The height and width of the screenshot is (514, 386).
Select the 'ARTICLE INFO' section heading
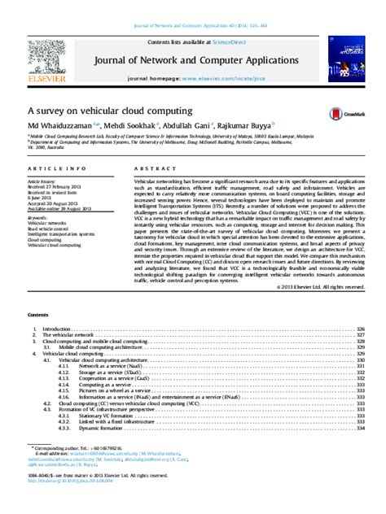click(x=50, y=168)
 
